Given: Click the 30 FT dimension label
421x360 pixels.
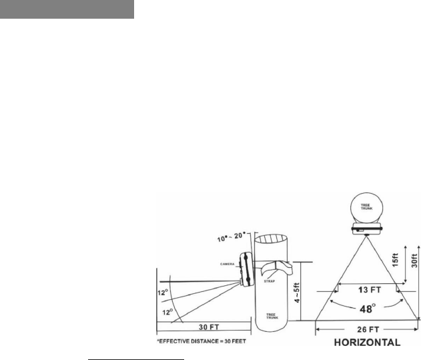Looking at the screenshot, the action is tap(209, 327).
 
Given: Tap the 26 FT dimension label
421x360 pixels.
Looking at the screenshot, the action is tap(368, 329).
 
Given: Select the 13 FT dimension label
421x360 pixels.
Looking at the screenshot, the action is tap(370, 290).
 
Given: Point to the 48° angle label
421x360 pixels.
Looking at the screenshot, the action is tap(368, 309).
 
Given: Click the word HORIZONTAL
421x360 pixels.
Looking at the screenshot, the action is tap(368, 343).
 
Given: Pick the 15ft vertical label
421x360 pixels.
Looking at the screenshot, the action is tap(395, 260).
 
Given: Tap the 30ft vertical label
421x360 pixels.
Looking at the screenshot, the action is tap(414, 260).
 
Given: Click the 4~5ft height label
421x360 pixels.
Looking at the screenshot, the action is tap(297, 293).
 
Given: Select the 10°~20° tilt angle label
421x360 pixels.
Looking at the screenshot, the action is tap(232, 237).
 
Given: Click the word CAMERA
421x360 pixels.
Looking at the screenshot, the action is tap(227, 264).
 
